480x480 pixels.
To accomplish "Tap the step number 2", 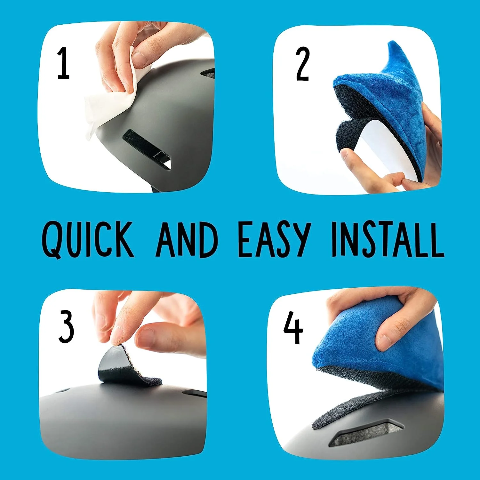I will click(x=302, y=64).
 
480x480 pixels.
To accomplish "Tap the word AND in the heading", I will click(x=187, y=239).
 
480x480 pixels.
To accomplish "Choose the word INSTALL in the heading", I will click(x=388, y=239).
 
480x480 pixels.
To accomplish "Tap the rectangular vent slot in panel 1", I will click(x=147, y=147).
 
